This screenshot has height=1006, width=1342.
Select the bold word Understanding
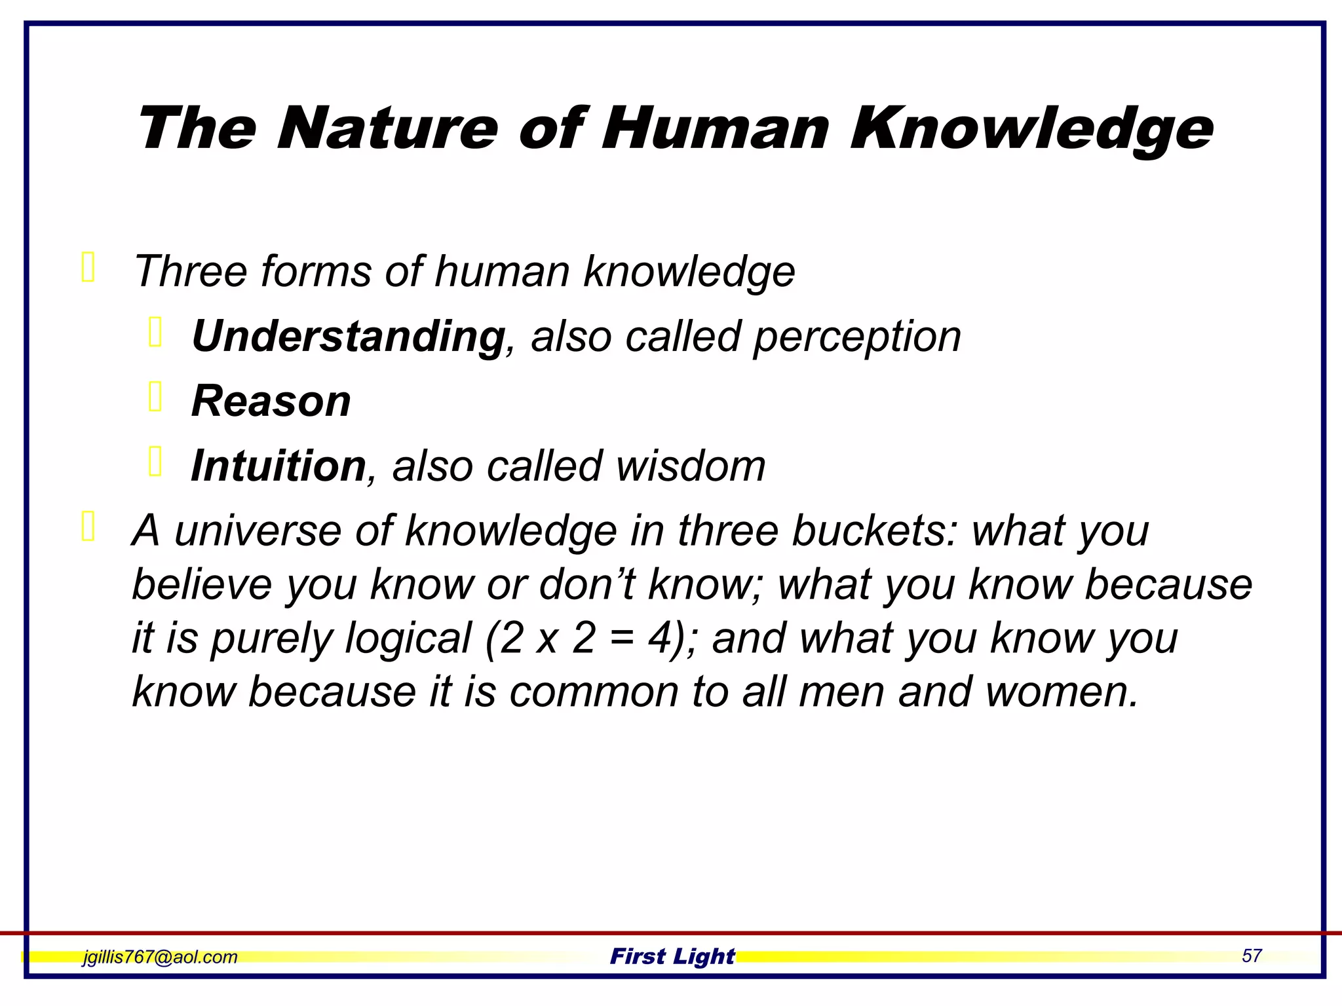tap(348, 337)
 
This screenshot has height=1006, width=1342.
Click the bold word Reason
tap(271, 401)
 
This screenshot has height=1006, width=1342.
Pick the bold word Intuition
tap(278, 466)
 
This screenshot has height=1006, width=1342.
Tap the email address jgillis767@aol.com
tap(160, 957)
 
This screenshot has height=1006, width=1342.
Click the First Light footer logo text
tap(672, 956)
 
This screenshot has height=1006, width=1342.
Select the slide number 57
tap(1252, 956)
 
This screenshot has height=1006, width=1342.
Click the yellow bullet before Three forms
tap(88, 267)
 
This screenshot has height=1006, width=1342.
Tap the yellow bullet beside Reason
tap(155, 397)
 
